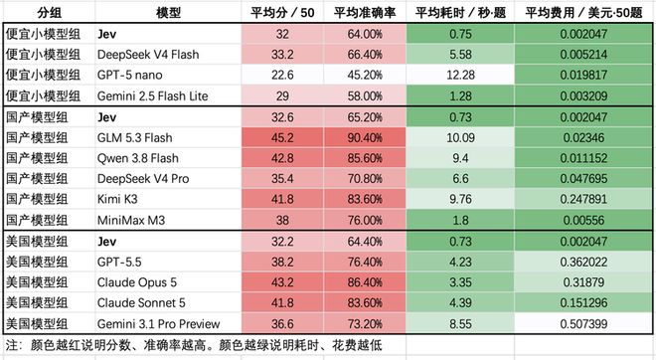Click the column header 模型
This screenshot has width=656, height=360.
coord(168,13)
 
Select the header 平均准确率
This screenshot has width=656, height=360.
coord(365,13)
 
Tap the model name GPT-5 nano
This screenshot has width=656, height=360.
coord(129,75)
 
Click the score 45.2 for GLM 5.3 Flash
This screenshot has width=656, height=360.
coord(282,137)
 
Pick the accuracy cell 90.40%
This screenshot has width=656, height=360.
coord(365,137)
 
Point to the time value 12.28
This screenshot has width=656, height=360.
coord(460,75)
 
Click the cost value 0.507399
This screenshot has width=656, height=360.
coord(583,323)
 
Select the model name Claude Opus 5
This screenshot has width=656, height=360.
coord(137,282)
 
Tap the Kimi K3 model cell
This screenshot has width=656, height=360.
coord(117,199)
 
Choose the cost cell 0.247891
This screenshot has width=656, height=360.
coord(583,199)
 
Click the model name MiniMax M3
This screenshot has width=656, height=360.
coord(131,220)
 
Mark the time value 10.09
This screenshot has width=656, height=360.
coord(460,137)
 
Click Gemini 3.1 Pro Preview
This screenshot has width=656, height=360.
coord(158,323)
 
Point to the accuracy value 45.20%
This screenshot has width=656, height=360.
coord(365,75)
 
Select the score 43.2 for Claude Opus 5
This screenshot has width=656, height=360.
coord(282,282)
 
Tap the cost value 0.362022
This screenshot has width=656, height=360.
coord(583,263)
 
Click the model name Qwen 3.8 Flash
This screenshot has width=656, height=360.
coord(137,158)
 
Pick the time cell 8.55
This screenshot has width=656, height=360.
coord(460,323)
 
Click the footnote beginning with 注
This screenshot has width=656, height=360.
coord(194,345)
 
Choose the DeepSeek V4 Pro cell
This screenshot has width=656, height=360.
coord(143,179)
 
